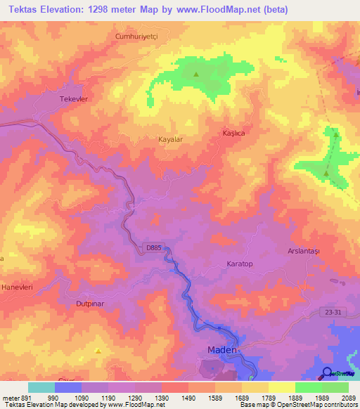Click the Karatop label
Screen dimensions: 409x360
coord(239,263)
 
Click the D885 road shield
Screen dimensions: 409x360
coord(155,247)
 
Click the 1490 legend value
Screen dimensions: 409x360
coord(188,398)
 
